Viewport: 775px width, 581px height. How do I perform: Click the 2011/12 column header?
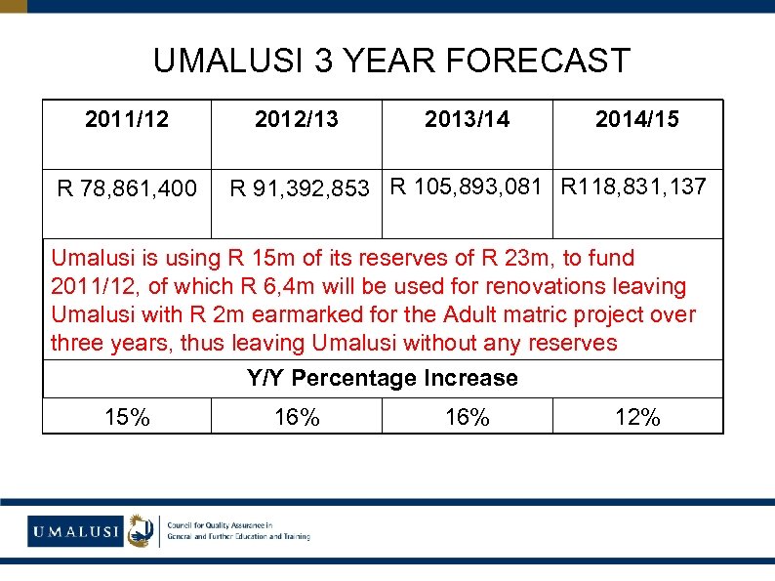coord(127,120)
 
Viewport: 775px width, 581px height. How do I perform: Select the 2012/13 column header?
coord(297,120)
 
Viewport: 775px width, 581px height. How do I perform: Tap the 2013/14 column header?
coord(467,120)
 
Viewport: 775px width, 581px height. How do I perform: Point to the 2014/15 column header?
coord(637,120)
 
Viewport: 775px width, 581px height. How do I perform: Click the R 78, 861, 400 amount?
coord(127,187)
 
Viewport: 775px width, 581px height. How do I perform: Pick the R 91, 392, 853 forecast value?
coord(300,187)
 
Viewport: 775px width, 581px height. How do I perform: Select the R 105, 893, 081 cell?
coord(466,186)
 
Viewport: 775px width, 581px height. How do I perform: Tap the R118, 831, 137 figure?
coord(633,186)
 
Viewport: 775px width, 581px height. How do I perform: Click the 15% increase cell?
coord(127,418)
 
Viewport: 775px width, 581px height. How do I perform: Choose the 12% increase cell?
coord(637,418)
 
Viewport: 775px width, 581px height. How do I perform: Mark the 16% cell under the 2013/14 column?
coord(468,418)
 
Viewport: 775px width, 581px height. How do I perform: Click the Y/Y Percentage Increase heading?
coord(383,378)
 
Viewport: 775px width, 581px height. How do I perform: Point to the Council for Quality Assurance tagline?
coord(239,531)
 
